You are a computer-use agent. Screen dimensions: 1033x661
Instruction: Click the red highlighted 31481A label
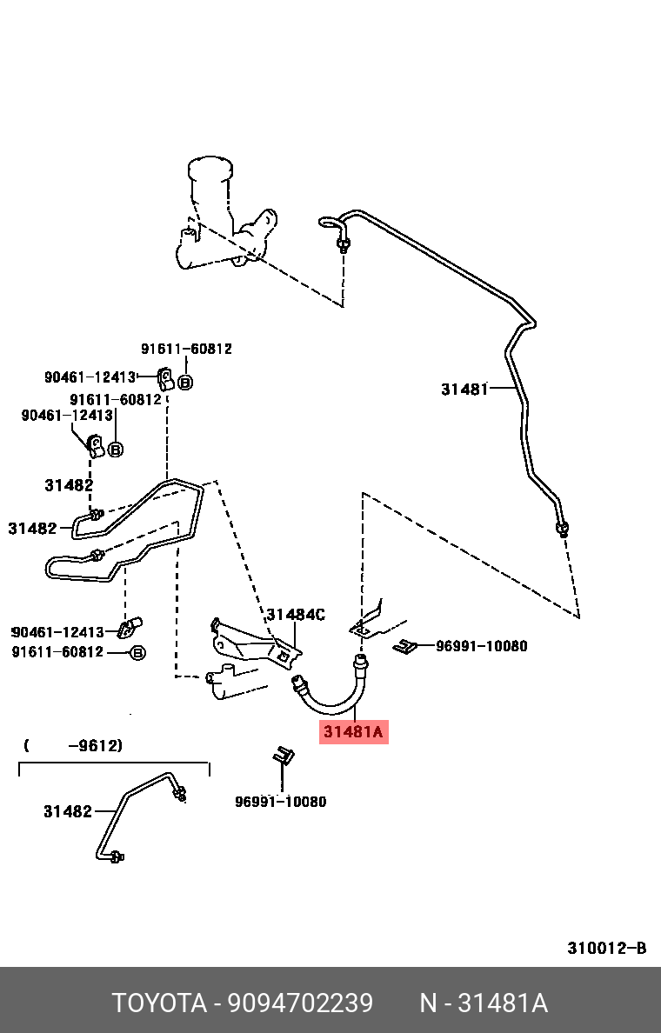pyautogui.click(x=352, y=732)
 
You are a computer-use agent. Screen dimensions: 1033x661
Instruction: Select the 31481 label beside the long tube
pyautogui.click(x=464, y=390)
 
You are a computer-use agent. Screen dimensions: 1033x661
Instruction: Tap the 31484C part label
pyautogui.click(x=296, y=615)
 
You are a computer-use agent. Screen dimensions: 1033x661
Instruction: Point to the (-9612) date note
pyautogui.click(x=73, y=745)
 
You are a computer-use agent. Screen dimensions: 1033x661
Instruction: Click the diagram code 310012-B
pyautogui.click(x=607, y=948)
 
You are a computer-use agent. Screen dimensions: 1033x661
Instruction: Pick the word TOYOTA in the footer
pyautogui.click(x=157, y=1003)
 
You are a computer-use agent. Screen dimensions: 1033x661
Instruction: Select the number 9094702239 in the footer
pyautogui.click(x=300, y=1003)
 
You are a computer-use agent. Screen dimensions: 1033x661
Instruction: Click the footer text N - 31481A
pyautogui.click(x=484, y=1003)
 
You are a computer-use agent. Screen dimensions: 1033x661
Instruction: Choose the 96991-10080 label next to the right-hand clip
pyautogui.click(x=481, y=646)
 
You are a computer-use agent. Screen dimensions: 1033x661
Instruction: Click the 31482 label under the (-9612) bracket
pyautogui.click(x=68, y=811)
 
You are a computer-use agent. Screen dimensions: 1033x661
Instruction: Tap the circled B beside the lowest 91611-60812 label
pyautogui.click(x=137, y=652)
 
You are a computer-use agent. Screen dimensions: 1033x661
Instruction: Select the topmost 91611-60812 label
pyautogui.click(x=186, y=349)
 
